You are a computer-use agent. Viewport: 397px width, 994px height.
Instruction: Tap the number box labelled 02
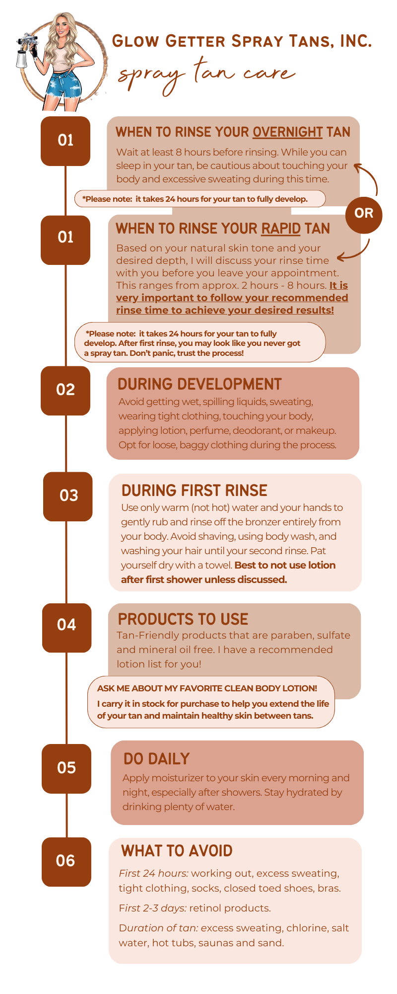[x=66, y=391]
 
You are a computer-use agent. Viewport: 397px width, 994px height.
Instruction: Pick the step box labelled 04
[x=67, y=628]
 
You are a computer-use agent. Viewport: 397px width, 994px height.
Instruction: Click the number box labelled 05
[x=66, y=768]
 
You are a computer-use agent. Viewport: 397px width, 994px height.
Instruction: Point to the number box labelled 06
[x=66, y=862]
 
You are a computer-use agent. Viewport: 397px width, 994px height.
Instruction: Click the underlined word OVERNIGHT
[x=288, y=132]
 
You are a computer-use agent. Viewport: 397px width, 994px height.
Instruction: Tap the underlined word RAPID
[x=281, y=229]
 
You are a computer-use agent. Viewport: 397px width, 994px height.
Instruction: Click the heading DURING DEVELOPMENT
[x=199, y=384]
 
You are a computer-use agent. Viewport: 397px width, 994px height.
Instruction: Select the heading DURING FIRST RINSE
[x=195, y=491]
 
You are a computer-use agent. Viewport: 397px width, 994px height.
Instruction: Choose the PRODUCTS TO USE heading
[x=183, y=619]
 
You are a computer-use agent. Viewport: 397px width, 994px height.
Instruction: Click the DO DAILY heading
[x=156, y=759]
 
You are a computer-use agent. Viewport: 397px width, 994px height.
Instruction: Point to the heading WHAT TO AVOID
[x=177, y=851]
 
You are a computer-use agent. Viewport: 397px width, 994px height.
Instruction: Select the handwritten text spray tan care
[x=206, y=76]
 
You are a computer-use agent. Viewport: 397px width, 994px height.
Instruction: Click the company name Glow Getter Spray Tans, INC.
[x=242, y=41]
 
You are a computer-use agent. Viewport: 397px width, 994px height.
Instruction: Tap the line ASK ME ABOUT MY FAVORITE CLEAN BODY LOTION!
[x=207, y=688]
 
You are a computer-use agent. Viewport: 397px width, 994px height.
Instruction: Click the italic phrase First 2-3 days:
[x=153, y=909]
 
